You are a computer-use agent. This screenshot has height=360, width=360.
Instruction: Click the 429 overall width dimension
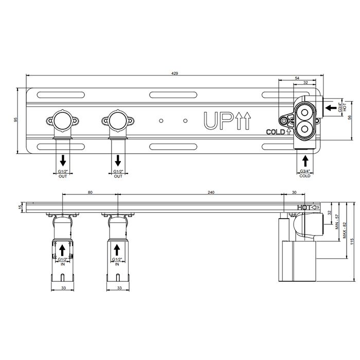coord(175,74)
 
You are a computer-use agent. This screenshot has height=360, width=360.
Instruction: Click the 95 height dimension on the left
coord(15,120)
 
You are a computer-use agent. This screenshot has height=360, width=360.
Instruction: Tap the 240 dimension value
coord(211,192)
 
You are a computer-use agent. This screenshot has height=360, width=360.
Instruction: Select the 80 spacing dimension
coord(90,192)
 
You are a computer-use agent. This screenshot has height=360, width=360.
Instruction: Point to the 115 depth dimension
coord(352,242)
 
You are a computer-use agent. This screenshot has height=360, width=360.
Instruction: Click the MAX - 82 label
coord(345,230)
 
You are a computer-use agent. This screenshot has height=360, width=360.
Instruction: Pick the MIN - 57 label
coord(337,222)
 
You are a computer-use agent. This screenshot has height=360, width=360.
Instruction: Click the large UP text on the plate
coord(218,120)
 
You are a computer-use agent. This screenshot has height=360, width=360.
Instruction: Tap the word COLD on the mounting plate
coord(275,132)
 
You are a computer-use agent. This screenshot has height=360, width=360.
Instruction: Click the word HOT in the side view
coord(304,208)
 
